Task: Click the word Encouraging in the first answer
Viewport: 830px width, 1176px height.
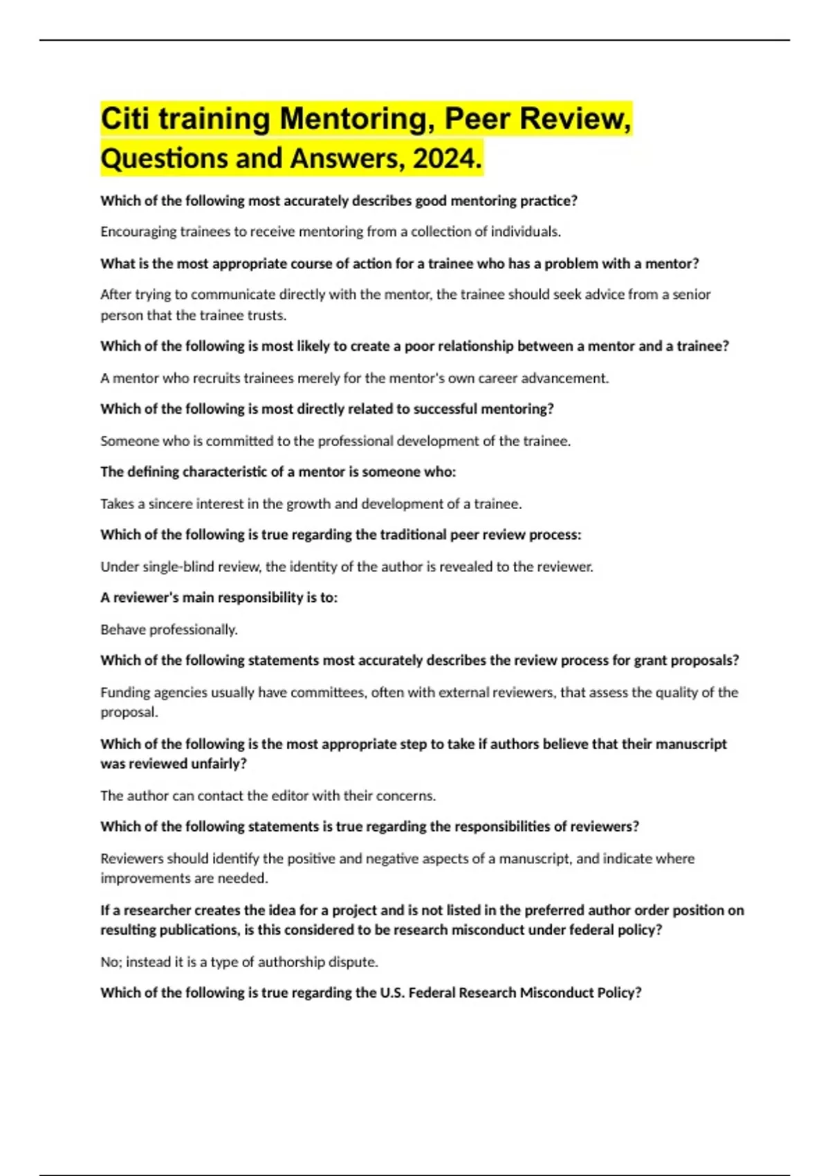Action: click(x=138, y=232)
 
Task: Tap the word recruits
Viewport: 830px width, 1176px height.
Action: click(x=192, y=378)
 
